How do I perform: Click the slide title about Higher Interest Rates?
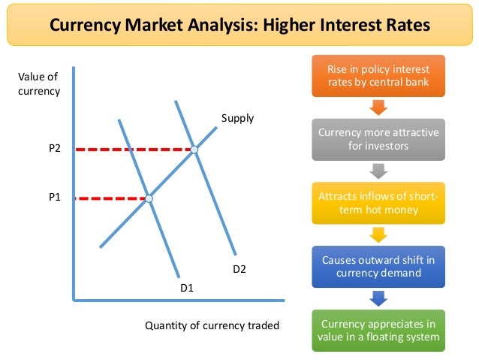point(239,26)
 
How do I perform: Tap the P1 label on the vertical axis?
point(54,198)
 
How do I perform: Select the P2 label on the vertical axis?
point(54,149)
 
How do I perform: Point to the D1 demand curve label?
point(187,287)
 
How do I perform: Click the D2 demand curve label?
point(239,268)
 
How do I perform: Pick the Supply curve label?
point(237,118)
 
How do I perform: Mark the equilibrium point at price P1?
point(149,198)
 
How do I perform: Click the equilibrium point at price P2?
point(194,150)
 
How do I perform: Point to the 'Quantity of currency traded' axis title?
point(212,325)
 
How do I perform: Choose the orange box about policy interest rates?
point(378,75)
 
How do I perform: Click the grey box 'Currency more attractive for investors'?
point(378,139)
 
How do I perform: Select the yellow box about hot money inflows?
point(378,203)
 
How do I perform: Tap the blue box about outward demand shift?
point(378,266)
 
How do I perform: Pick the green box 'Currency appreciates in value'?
point(378,330)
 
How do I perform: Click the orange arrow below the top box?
point(378,106)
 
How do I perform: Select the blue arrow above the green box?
point(378,298)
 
